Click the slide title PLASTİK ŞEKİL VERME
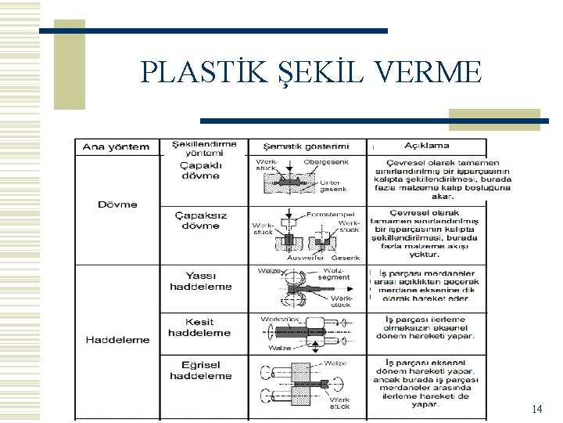click(312, 72)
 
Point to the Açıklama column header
click(427, 145)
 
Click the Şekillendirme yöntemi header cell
click(203, 147)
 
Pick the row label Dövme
click(117, 204)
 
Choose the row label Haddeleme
click(117, 339)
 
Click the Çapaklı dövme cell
click(201, 170)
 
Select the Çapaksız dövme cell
click(201, 221)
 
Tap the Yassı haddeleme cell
click(201, 280)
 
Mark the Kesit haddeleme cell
click(199, 327)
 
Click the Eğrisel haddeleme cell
click(201, 371)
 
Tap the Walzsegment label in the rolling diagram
click(335, 273)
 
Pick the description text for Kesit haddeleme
click(425, 327)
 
